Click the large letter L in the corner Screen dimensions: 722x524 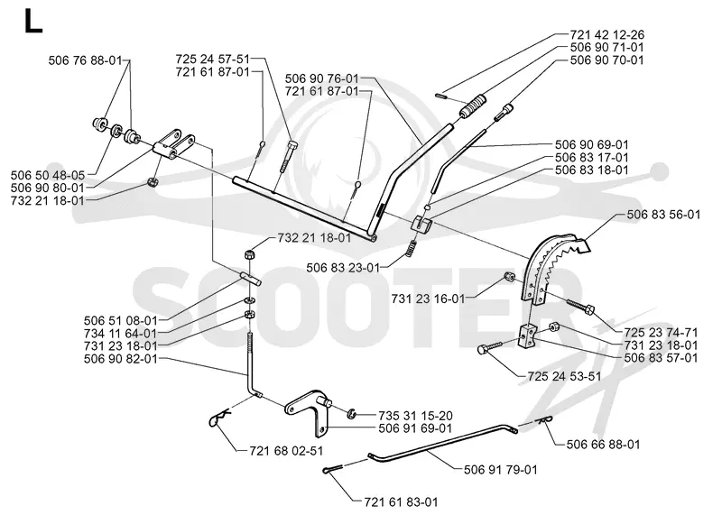click(32, 21)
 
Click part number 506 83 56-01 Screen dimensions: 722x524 click(663, 215)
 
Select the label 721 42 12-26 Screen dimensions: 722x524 click(606, 34)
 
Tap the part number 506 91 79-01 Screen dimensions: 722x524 click(501, 470)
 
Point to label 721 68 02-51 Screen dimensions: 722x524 click(286, 451)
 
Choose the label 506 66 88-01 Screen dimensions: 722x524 click(603, 445)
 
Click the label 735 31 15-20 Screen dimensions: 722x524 click(416, 416)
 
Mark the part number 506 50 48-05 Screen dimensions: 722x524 click(48, 175)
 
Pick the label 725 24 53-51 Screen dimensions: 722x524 click(565, 376)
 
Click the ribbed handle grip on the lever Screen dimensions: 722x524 click(474, 106)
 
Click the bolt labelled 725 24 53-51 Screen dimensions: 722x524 click(492, 347)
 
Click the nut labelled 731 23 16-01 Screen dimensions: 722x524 click(509, 277)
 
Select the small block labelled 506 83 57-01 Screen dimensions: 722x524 click(528, 336)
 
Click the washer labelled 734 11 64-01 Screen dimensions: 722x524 click(249, 301)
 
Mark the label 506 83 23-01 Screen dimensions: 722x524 click(343, 267)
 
